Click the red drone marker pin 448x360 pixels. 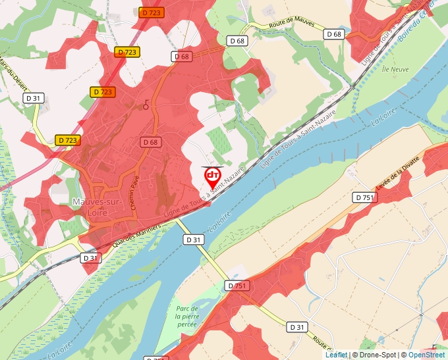[x=212, y=176]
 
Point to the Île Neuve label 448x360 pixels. [x=395, y=69]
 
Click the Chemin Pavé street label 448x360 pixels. [x=138, y=195]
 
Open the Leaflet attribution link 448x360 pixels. [x=336, y=355]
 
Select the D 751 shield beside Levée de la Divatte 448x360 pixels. [x=364, y=197]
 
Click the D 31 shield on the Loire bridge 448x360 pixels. [x=194, y=240]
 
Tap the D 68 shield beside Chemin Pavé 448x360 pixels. [x=150, y=142]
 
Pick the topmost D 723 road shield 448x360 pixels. [x=152, y=13]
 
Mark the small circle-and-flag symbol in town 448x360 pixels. [x=146, y=105]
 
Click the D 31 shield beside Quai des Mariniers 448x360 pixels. [x=90, y=257]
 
